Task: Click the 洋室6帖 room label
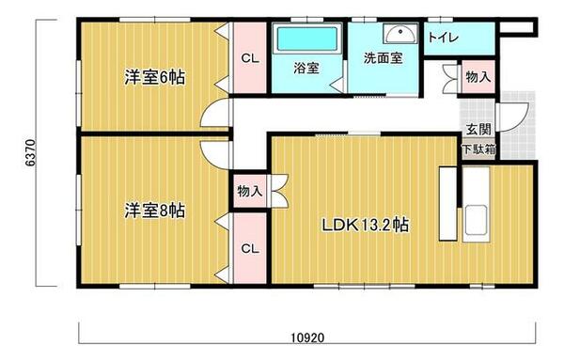click(x=153, y=77)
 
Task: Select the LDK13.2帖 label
click(x=365, y=226)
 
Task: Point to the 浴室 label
click(x=305, y=69)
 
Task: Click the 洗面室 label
click(x=383, y=57)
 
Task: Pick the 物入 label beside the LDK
click(x=249, y=191)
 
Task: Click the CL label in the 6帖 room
click(x=249, y=58)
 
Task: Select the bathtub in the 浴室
click(x=305, y=40)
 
